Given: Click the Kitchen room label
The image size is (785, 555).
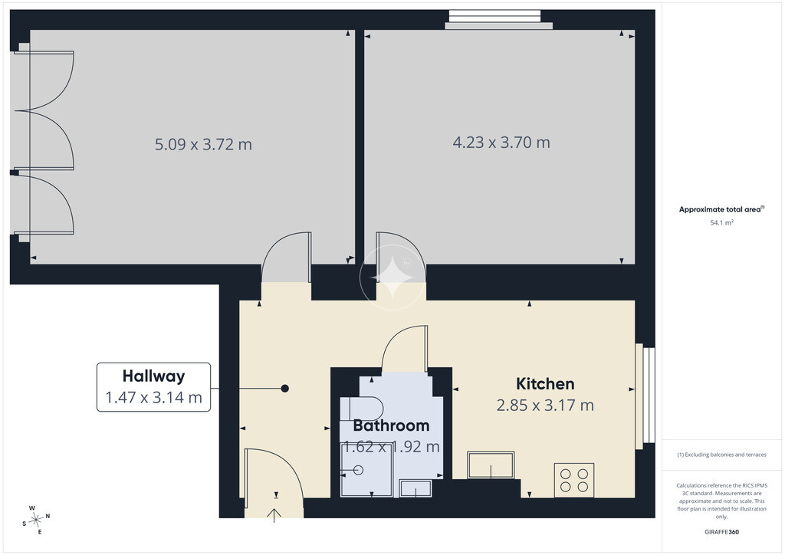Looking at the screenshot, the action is [545, 384].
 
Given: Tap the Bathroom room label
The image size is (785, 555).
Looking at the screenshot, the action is [391, 425].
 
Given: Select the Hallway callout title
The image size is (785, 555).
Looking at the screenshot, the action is [153, 376].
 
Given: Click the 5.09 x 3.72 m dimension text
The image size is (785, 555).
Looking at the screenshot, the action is [203, 144].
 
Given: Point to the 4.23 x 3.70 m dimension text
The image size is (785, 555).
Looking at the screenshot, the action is [501, 142].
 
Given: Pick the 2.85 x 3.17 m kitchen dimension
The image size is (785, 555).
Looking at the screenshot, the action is [545, 405].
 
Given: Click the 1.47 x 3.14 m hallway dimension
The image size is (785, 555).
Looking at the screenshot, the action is [153, 397].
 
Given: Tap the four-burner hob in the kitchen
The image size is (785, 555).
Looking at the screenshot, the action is [573, 480].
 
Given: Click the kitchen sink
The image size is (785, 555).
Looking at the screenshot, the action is [491, 465].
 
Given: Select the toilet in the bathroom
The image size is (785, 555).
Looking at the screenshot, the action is [362, 409].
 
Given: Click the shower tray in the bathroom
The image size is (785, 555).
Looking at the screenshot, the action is [366, 470].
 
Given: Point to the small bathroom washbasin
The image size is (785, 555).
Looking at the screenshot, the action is [415, 488].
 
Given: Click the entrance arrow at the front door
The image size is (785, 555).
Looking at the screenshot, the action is [274, 515].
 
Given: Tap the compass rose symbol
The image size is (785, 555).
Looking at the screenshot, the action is [35, 521].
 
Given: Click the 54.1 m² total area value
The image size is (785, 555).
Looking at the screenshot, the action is [721, 223].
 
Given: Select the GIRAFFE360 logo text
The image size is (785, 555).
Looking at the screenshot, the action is [721, 532].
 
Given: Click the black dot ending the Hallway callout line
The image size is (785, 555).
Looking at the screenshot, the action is [285, 389].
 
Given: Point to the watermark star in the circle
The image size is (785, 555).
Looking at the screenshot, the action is [392, 277].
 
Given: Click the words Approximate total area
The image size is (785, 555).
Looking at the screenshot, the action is [719, 210].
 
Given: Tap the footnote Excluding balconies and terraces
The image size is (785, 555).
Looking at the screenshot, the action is [721, 455].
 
